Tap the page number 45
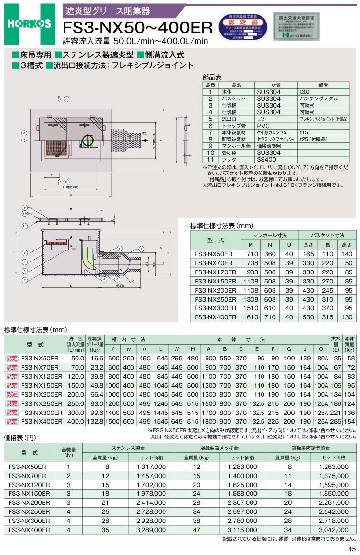coord(352,548)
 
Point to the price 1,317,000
coord(151,467)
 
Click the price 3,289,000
coord(151,530)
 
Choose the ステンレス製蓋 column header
coord(128,448)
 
